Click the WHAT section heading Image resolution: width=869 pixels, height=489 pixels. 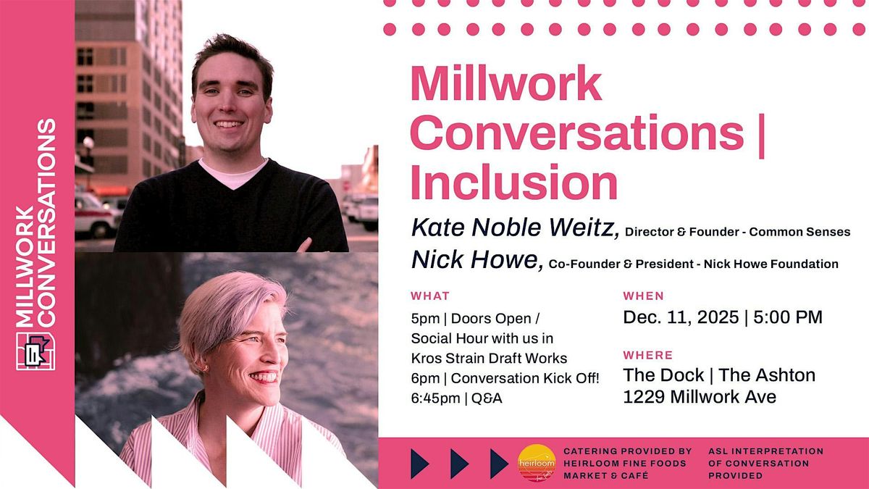429,296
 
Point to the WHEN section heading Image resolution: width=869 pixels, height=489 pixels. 643,296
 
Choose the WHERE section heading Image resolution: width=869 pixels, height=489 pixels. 647,355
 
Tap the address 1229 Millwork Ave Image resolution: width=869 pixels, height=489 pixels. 700,396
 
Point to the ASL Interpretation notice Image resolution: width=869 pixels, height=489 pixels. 765,464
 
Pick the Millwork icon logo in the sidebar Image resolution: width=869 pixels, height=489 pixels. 35,351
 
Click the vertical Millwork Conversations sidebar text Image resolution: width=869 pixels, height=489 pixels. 35,225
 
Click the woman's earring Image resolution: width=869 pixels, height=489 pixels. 205,368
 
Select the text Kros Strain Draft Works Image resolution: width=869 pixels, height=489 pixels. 489,358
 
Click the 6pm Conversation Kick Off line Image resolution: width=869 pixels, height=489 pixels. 505,378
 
